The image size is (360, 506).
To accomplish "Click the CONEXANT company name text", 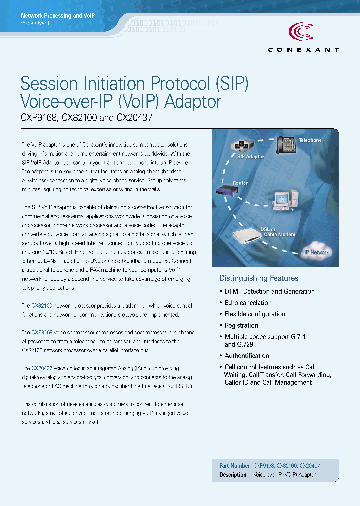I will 304,50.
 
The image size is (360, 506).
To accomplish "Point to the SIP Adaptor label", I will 251,157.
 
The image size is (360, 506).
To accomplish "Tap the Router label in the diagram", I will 240,183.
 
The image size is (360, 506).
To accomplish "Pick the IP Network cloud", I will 317,252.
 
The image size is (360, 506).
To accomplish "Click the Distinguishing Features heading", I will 259,278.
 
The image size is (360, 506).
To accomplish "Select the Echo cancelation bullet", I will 248,303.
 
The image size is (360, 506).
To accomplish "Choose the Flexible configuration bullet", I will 255,314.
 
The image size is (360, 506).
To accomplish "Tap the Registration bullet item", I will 241,326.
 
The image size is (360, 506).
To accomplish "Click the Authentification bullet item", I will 247,356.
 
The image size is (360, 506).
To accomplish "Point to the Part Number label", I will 234,465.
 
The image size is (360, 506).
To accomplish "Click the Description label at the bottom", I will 233,475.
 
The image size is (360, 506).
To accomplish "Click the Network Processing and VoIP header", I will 58,16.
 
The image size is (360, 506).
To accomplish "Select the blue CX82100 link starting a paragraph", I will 42,305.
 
